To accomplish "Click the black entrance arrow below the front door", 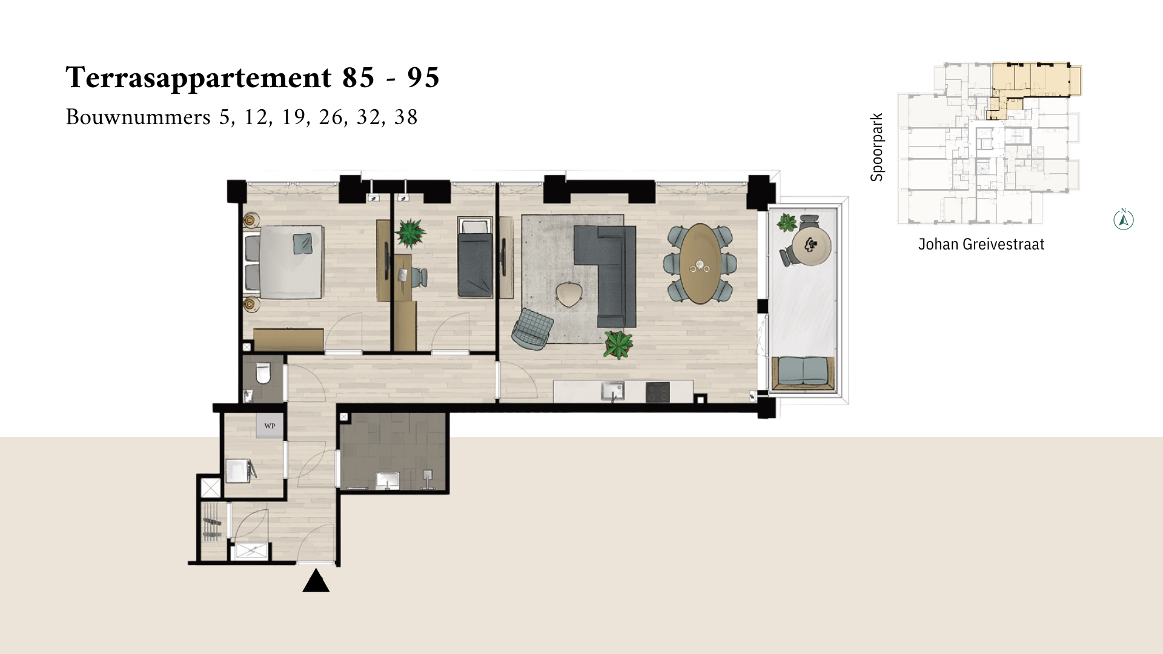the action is click(316, 581).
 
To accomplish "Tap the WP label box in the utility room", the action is click(270, 426).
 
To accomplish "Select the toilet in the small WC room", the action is click(263, 374).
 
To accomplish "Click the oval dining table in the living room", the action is click(700, 263).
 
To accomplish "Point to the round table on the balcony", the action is click(811, 246).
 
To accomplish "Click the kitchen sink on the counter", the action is click(612, 391).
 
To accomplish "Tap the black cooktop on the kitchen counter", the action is click(658, 392).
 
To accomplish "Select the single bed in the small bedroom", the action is click(475, 258).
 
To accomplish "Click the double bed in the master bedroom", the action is click(283, 262).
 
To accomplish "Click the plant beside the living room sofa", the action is click(618, 345).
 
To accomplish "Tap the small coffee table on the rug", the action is click(569, 294).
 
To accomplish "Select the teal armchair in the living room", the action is click(532, 329).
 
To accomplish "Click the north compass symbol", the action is click(1124, 219).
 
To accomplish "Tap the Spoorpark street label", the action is click(876, 147).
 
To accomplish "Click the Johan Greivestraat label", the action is click(981, 244).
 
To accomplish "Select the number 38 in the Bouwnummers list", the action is click(406, 117).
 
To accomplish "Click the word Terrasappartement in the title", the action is click(199, 78).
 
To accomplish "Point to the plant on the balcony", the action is click(787, 222).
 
